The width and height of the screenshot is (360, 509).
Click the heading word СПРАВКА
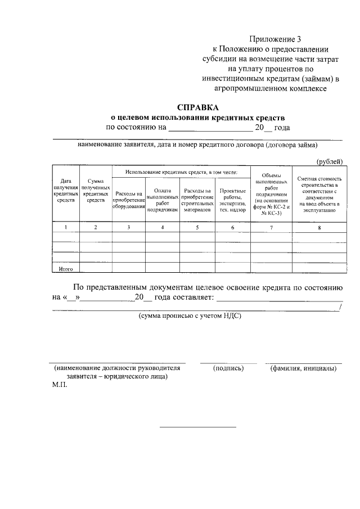pyautogui.click(x=197, y=107)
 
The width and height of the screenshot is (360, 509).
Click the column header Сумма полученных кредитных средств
pyautogui.click(x=96, y=191)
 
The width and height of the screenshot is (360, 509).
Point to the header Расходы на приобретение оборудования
pyautogui.click(x=129, y=200)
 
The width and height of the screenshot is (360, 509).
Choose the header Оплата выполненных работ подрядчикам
pyautogui.click(x=162, y=200)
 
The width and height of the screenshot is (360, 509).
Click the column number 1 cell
pyautogui.click(x=66, y=227)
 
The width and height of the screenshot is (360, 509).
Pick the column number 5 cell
pyautogui.click(x=197, y=227)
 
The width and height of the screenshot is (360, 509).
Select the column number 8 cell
pyautogui.click(x=319, y=227)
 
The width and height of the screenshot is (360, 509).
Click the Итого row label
pyautogui.click(x=66, y=269)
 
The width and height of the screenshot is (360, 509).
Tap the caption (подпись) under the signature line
pyautogui.click(x=228, y=368)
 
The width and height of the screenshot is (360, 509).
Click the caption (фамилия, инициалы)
pyautogui.click(x=303, y=368)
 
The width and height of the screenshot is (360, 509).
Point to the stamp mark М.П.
pyautogui.click(x=59, y=387)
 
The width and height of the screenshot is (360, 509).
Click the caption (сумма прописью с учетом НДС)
pyautogui.click(x=190, y=317)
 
